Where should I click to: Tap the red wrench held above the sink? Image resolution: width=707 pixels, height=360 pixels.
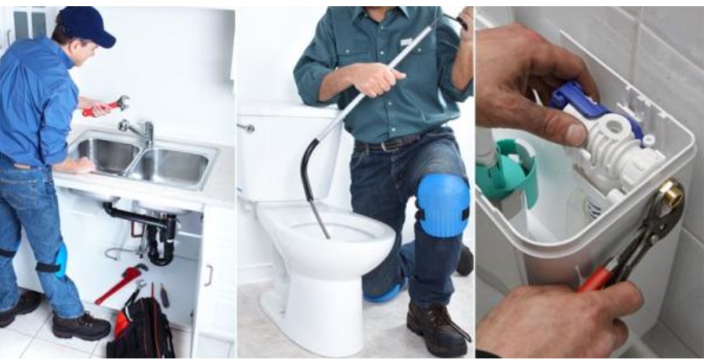tap(105, 106)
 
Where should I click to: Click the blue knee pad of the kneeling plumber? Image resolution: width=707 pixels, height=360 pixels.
tap(442, 204)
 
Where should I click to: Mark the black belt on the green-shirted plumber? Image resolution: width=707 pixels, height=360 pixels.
tap(391, 142)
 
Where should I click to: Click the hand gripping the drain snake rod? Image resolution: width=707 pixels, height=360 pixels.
tap(373, 77)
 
